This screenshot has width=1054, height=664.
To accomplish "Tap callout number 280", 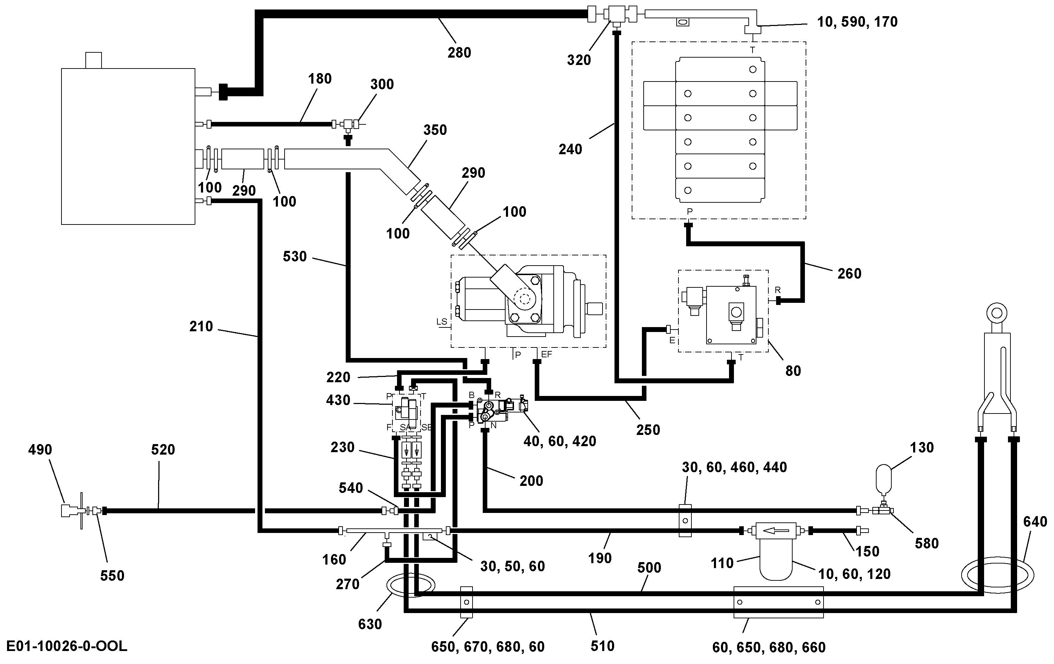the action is (x=459, y=53).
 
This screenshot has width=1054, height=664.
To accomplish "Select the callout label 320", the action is (x=579, y=60).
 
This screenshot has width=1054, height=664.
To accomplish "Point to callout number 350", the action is (x=435, y=130).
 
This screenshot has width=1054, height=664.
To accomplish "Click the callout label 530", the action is (x=294, y=256).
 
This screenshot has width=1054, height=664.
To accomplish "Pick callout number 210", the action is (x=201, y=326).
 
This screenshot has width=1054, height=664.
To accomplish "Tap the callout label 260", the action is (x=849, y=274).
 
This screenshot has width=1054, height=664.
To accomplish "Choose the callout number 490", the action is (x=40, y=450).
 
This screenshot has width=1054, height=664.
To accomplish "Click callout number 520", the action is (x=163, y=450).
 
